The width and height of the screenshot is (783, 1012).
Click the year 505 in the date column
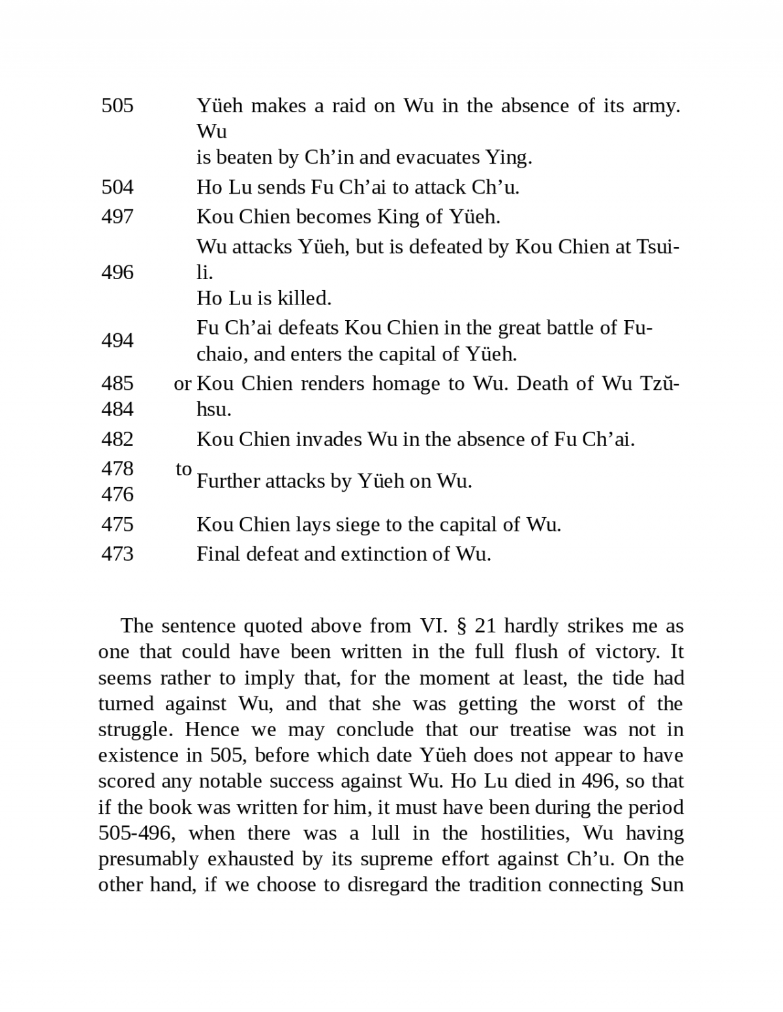click(117, 106)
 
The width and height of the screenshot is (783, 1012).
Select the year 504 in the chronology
click(117, 188)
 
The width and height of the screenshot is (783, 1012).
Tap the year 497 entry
click(117, 217)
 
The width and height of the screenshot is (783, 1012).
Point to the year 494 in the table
click(117, 341)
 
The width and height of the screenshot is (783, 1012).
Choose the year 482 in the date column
click(117, 439)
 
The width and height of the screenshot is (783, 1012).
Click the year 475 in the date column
click(117, 525)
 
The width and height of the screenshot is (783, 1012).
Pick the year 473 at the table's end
click(117, 554)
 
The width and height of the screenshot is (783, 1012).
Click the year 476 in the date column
click(117, 495)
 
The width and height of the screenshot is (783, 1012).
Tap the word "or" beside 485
click(183, 384)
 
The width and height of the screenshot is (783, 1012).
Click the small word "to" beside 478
click(184, 469)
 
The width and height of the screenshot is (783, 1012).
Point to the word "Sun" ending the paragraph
click(667, 885)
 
